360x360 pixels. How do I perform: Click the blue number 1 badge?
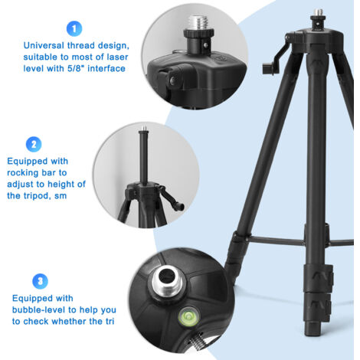74,28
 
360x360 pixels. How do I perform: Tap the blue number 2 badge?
34,145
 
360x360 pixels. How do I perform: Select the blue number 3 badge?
40,281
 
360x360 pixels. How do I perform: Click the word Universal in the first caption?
44,45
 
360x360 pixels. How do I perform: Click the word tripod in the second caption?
36,196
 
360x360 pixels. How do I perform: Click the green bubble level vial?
188,317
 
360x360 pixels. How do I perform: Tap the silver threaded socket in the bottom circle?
167,281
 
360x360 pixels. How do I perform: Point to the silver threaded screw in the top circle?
198,23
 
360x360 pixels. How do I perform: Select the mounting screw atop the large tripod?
318,13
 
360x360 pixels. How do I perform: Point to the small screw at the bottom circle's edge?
197,342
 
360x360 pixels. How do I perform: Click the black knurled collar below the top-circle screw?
198,34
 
